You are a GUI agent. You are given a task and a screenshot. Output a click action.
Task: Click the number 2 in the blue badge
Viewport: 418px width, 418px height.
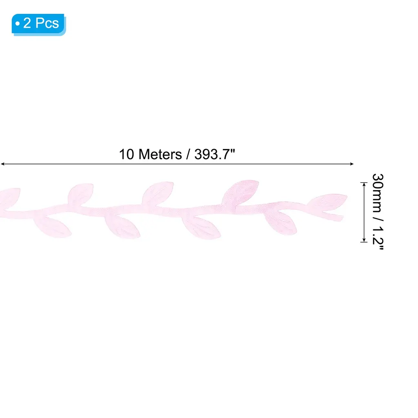point(27,23)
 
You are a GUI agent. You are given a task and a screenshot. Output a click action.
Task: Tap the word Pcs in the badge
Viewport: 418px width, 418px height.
point(47,23)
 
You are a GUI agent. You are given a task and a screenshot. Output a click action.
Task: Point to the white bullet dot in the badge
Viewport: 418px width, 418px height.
point(18,24)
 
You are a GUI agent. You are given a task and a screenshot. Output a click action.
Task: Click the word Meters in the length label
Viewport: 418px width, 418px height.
point(160,154)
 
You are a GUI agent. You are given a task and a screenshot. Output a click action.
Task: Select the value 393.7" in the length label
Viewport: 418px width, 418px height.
point(215,154)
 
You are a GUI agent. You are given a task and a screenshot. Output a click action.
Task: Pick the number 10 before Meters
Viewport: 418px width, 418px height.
point(127,154)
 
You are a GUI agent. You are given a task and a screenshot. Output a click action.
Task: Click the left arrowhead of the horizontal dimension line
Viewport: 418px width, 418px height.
point(3,164)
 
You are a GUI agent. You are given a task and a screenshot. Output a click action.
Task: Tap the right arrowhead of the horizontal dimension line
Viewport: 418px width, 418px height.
point(351,164)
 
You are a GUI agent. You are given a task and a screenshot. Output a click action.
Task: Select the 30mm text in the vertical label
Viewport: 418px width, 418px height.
point(378,193)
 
